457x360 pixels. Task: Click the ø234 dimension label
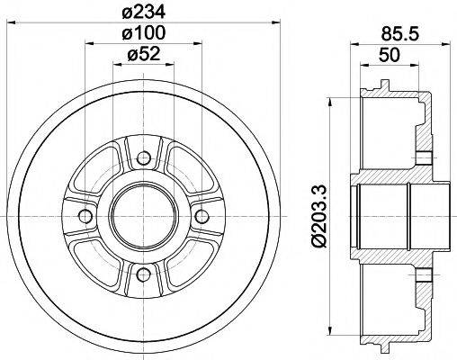pyautogui.click(x=143, y=12)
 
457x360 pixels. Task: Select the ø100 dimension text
pyautogui.click(x=143, y=33)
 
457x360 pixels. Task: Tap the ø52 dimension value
pyautogui.click(x=143, y=55)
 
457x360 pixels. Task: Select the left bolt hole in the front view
pyautogui.click(x=85, y=217)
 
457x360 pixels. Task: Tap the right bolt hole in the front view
pyautogui.click(x=200, y=217)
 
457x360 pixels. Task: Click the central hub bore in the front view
pyautogui.click(x=143, y=217)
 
